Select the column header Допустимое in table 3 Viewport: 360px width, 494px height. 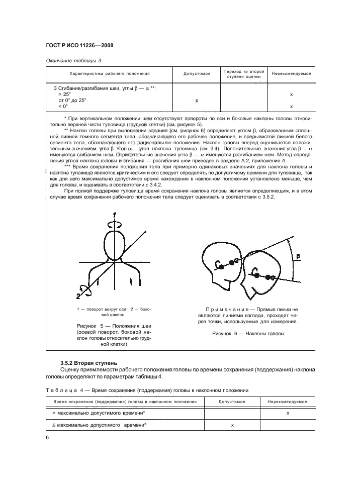(x=197, y=74)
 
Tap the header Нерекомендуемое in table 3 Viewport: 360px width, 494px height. (x=291, y=74)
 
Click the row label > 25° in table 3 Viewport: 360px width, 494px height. (x=64, y=94)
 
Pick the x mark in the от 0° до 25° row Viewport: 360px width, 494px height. (x=197, y=101)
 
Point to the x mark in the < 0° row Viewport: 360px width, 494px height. (x=292, y=107)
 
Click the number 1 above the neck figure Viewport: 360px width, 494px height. (x=115, y=215)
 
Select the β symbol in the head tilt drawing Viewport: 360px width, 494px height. (x=298, y=257)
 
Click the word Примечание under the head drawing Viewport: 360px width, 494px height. (x=226, y=309)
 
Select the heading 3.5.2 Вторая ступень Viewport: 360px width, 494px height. (x=88, y=362)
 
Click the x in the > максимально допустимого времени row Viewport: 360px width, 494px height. (x=287, y=413)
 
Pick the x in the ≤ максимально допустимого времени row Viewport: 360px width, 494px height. (x=232, y=425)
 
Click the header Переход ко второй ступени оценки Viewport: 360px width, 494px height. (x=243, y=74)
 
